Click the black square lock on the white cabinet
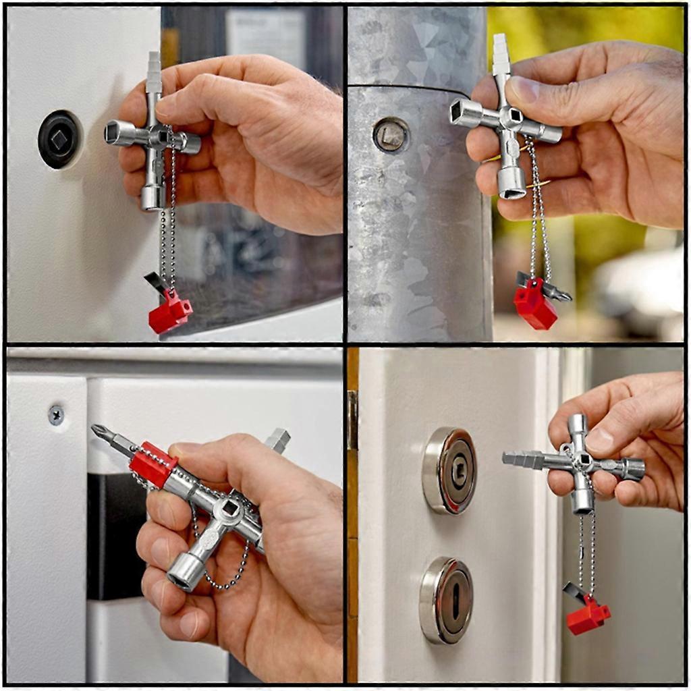[x=59, y=139]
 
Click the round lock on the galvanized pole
[x=391, y=134]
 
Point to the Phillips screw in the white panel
[x=56, y=414]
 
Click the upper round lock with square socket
[x=449, y=470]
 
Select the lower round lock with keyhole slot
[x=447, y=599]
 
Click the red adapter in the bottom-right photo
[x=588, y=615]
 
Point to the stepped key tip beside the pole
[x=500, y=54]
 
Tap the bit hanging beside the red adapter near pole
[x=555, y=292]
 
